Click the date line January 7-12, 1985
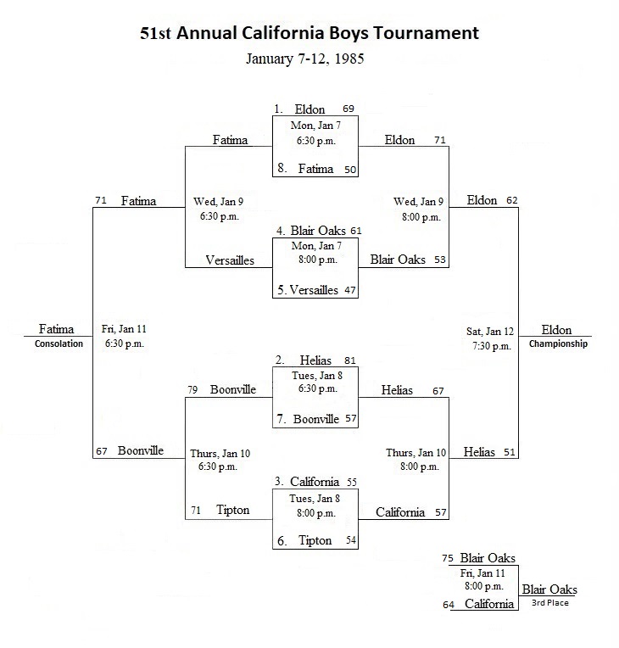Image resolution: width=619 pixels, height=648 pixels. (305, 59)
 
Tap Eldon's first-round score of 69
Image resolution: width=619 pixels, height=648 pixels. (349, 109)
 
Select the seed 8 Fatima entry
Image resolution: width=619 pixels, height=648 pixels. (305, 169)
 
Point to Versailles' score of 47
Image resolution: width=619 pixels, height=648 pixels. (350, 290)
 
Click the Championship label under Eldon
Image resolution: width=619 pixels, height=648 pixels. (558, 344)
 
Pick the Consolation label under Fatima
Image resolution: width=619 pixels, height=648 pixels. (59, 344)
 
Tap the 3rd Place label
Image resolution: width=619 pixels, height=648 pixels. (549, 603)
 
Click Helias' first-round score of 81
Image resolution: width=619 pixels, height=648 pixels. (350, 360)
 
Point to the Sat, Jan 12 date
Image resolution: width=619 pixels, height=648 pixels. (489, 332)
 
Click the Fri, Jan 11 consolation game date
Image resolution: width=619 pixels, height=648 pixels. (124, 329)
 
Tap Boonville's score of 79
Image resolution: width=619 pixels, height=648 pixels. (192, 389)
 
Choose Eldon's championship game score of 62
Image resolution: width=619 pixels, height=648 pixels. (512, 200)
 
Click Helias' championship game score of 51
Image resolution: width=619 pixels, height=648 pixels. (510, 453)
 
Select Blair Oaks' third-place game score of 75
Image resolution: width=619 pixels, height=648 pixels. (448, 559)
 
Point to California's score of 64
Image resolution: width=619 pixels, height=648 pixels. (449, 605)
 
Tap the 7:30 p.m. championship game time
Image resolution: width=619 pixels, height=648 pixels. (492, 346)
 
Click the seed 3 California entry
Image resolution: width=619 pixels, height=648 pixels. (307, 482)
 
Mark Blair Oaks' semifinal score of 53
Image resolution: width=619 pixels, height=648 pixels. (440, 260)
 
